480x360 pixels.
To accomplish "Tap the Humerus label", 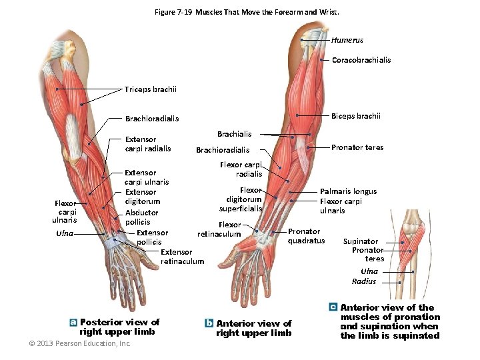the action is point(347,40).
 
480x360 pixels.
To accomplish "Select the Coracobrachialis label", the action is point(361,60).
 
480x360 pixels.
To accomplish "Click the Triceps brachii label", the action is point(151,89).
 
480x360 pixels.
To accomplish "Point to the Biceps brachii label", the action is point(356,116).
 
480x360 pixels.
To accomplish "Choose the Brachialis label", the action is point(235,134).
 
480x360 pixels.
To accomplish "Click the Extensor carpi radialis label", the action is point(148,144).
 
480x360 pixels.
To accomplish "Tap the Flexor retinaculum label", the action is point(219,229).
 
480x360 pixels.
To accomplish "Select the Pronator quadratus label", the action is point(306,236).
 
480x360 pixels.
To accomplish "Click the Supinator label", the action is point(361,241).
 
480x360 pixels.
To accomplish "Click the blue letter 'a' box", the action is point(73,322).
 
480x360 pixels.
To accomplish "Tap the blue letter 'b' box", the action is point(209,323).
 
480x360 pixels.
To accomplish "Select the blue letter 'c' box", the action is point(333,307).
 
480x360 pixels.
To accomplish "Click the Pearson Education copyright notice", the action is point(80,344).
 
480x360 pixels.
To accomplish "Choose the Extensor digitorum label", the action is point(142,197).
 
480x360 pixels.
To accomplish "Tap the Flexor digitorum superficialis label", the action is point(244,199).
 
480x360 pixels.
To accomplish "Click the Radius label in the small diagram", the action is point(364,281).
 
